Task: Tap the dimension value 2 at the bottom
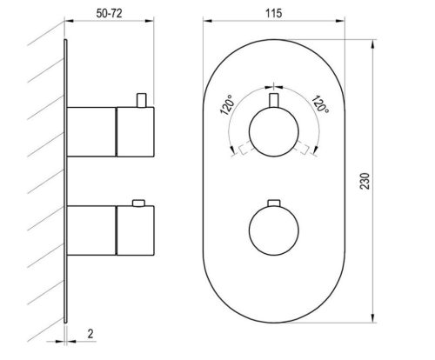(91, 332)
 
